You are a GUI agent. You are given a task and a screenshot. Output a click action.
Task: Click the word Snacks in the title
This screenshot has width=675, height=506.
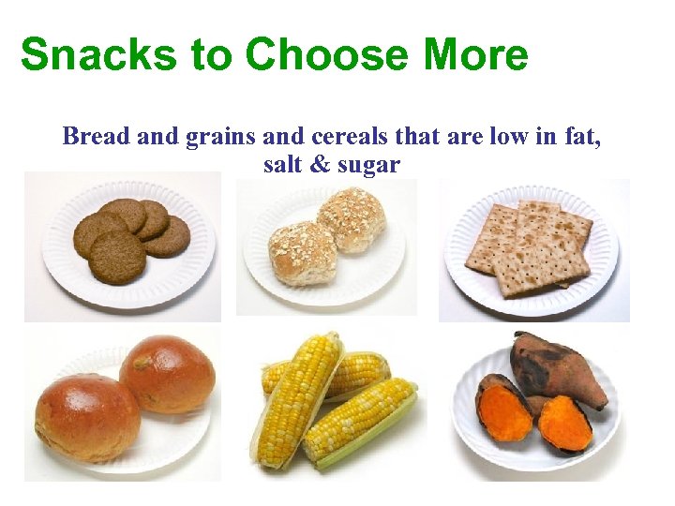(x=90, y=55)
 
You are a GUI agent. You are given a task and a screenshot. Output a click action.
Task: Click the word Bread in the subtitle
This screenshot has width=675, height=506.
(x=97, y=137)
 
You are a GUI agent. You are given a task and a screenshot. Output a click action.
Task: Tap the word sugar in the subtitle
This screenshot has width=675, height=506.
(x=371, y=166)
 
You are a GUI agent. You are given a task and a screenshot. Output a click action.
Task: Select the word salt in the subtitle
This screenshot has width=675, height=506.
(x=285, y=165)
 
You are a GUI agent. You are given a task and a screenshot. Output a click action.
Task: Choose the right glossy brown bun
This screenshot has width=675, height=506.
(x=168, y=374)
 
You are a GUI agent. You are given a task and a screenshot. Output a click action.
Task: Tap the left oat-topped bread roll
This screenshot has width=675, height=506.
(x=302, y=251)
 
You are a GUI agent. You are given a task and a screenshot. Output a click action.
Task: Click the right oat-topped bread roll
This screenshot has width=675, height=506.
(x=351, y=218)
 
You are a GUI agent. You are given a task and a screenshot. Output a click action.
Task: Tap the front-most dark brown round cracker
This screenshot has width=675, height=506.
(x=117, y=257)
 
